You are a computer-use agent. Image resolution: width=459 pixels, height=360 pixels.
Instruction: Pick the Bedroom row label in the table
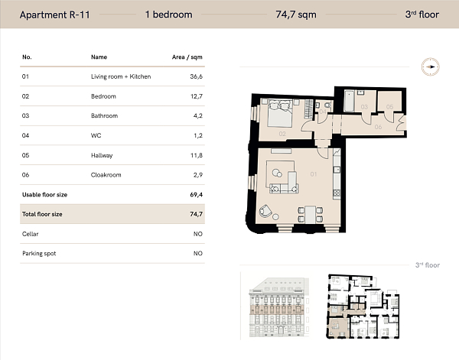(103, 96)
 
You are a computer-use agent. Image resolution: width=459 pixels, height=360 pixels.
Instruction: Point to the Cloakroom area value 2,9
(197, 175)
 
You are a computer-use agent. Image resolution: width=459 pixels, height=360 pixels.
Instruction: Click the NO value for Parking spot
(197, 254)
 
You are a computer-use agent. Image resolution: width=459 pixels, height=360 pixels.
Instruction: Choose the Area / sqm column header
(187, 57)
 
